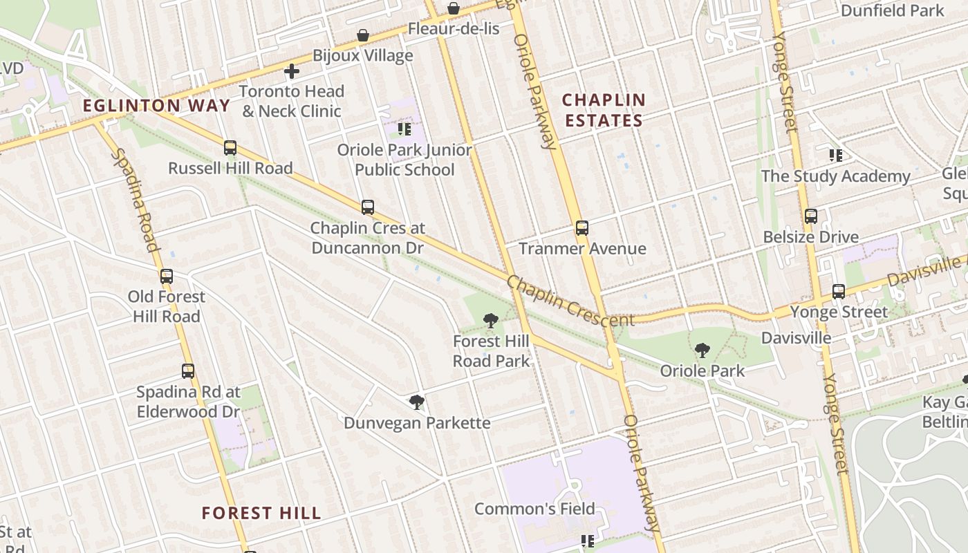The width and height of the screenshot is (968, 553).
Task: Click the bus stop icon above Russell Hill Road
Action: pos(230,148)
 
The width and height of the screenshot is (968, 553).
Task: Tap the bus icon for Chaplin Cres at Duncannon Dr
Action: pos(368,207)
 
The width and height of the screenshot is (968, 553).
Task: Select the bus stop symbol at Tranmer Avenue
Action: pos(582,228)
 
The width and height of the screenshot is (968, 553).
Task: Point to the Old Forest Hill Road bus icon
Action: pos(167,276)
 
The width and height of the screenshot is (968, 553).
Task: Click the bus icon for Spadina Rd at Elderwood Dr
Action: pos(187,371)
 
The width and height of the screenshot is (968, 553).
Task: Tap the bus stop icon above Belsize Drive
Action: pos(811,216)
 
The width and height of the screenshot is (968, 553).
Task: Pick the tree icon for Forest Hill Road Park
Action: pos(491,320)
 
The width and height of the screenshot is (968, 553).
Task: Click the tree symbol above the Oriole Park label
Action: pos(702,350)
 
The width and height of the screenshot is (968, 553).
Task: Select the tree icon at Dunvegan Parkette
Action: pos(417,402)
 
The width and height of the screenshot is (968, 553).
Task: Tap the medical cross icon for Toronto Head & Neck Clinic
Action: pos(292,71)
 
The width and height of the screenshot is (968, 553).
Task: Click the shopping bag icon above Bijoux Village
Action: pos(363,35)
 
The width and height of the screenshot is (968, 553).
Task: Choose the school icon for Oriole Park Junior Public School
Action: pos(404,129)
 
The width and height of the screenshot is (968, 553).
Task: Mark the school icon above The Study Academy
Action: pos(836,156)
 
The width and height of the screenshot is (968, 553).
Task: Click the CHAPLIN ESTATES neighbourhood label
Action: pos(604,110)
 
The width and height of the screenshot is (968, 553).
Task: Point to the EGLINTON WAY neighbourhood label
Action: pos(156,106)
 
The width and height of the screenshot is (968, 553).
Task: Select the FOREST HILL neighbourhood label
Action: pos(261,513)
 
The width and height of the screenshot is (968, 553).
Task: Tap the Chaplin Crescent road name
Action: pos(570,301)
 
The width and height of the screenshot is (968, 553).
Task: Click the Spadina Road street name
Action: pos(136,201)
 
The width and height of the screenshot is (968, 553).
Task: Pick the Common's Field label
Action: pos(534,509)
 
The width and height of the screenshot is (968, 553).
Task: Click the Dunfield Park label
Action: pos(892,10)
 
